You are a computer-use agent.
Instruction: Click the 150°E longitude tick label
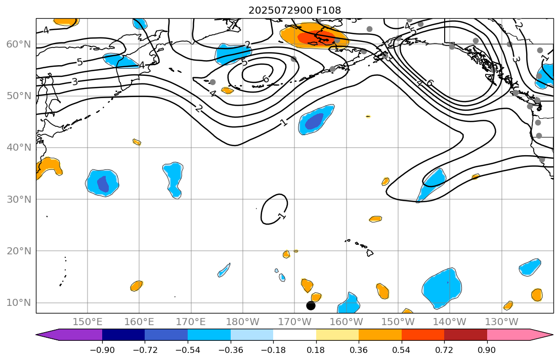(x=88, y=322)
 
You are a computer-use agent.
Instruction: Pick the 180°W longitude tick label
(x=243, y=322)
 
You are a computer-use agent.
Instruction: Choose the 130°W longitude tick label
(x=501, y=322)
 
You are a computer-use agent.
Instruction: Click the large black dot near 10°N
(x=311, y=305)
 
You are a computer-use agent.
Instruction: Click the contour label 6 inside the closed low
(x=265, y=79)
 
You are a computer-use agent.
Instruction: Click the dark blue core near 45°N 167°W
(x=314, y=121)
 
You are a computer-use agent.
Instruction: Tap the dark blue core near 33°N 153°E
(x=103, y=184)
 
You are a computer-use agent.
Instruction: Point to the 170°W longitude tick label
(x=294, y=322)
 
